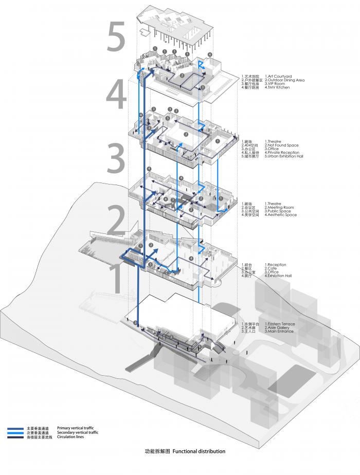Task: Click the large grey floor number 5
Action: (x=116, y=37)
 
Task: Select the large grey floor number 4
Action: (x=116, y=94)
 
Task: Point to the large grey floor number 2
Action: (x=116, y=220)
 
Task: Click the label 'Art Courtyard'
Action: (x=278, y=76)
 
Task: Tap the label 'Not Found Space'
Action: (x=282, y=145)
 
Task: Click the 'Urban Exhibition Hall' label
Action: (x=284, y=156)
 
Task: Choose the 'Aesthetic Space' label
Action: (x=280, y=215)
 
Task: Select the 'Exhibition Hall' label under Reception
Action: (x=279, y=276)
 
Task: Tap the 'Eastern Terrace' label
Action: (x=281, y=324)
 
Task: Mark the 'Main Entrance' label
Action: (x=279, y=331)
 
